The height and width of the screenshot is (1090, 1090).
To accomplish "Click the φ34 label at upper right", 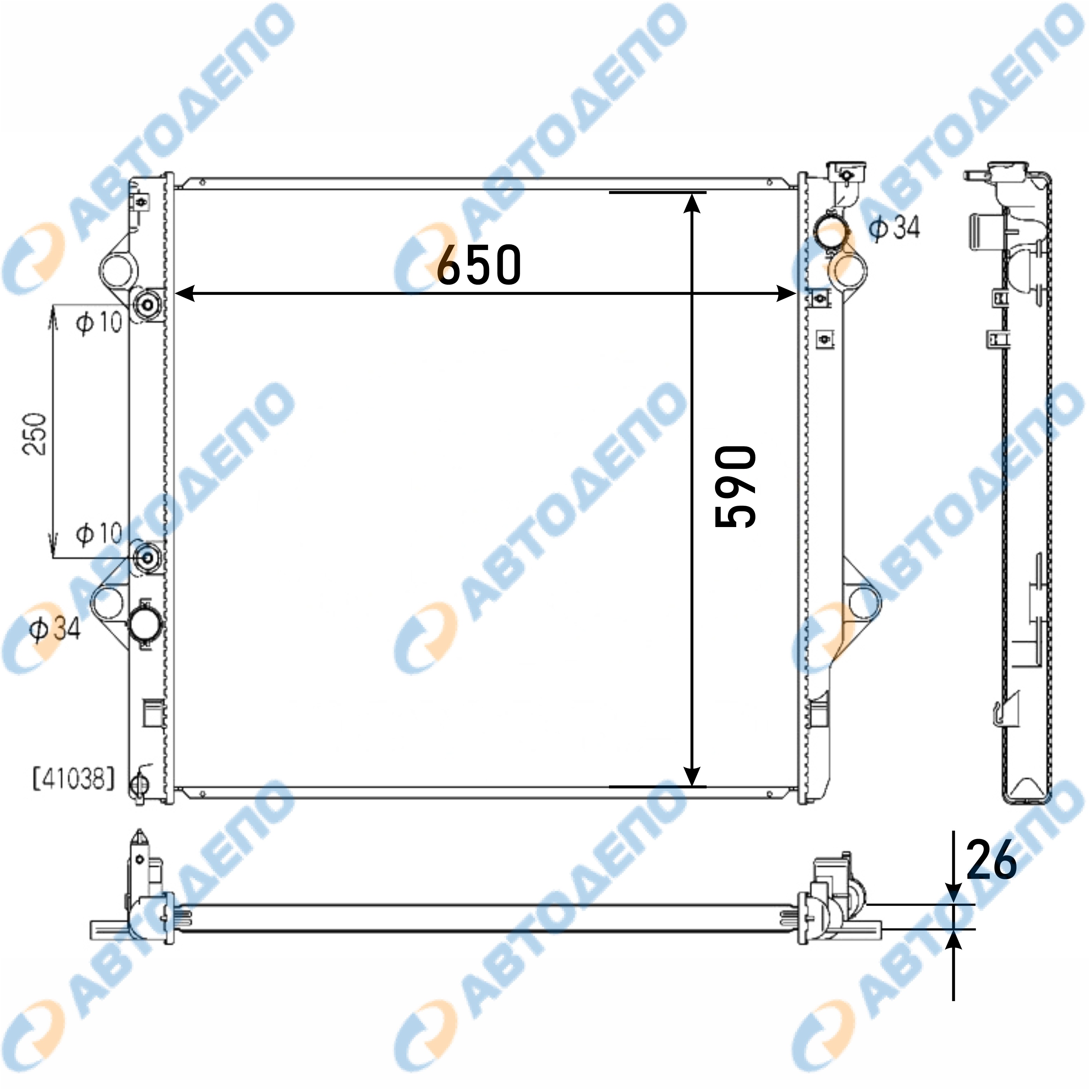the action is [895, 227].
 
